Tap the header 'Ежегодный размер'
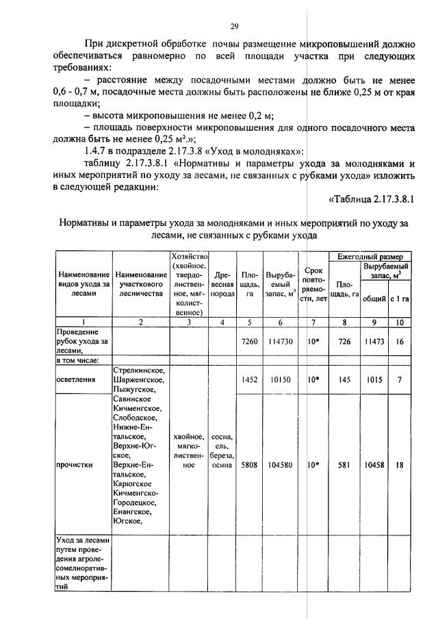tap(370, 256)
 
